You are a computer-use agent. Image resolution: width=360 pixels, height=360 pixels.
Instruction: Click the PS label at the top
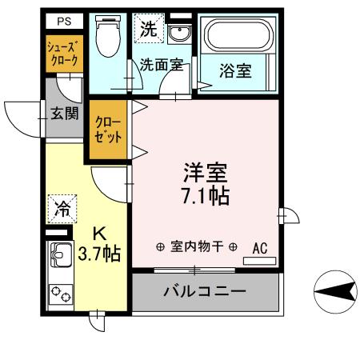[63, 21]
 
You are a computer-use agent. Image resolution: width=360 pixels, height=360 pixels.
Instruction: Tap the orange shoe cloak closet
[62, 55]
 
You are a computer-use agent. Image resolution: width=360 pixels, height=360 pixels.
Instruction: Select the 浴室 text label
[237, 71]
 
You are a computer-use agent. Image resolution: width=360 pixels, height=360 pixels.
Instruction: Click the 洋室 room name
[206, 174]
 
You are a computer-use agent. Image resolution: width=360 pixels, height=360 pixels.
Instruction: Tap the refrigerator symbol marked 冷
[62, 210]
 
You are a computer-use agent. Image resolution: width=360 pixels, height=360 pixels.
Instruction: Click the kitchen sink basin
[61, 257]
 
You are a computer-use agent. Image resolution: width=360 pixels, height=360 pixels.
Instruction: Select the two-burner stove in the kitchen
[61, 294]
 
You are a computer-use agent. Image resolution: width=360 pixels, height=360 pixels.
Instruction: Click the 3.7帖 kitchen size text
[101, 254]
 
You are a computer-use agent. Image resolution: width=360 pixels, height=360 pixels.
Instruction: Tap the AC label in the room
[260, 248]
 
